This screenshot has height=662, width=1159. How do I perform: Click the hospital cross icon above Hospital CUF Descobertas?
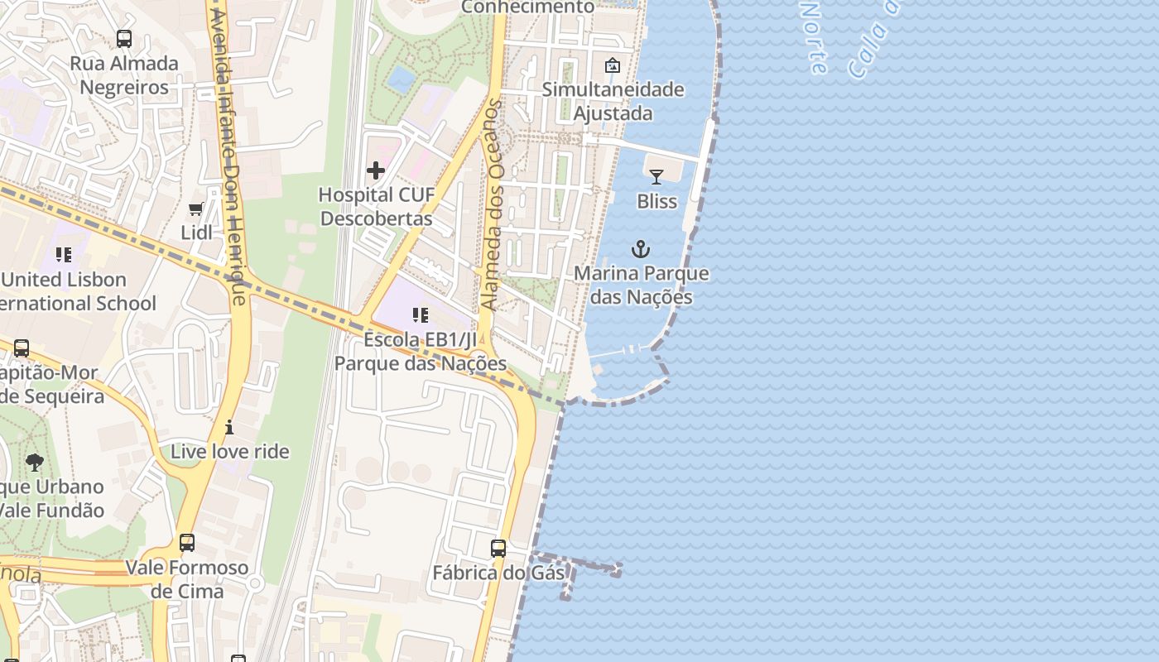(376, 170)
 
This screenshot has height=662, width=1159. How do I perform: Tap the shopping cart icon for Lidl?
(196, 209)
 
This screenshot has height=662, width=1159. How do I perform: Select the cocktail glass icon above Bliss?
(656, 176)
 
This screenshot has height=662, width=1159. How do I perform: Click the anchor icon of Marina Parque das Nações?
(641, 248)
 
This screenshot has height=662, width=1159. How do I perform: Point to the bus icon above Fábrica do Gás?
(498, 548)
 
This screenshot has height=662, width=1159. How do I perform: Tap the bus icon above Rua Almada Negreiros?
(124, 38)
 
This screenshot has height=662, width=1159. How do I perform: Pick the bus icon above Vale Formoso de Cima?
(187, 543)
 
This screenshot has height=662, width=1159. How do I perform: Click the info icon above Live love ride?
(229, 427)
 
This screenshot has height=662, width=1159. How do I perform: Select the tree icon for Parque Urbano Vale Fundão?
(35, 462)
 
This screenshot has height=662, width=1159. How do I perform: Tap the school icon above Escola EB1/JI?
(421, 315)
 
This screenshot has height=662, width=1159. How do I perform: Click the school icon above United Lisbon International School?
(64, 255)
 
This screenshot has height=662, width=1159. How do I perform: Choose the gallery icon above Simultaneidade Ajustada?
(613, 65)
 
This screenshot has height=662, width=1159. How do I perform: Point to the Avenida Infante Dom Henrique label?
(229, 157)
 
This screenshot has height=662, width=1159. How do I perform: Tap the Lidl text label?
(196, 233)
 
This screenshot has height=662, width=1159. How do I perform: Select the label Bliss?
(656, 201)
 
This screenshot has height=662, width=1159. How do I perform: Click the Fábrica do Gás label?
(498, 573)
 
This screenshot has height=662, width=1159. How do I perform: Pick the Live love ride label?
(229, 452)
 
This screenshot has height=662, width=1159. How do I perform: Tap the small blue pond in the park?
(402, 79)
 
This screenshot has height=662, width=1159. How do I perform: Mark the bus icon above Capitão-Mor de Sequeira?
(22, 348)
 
